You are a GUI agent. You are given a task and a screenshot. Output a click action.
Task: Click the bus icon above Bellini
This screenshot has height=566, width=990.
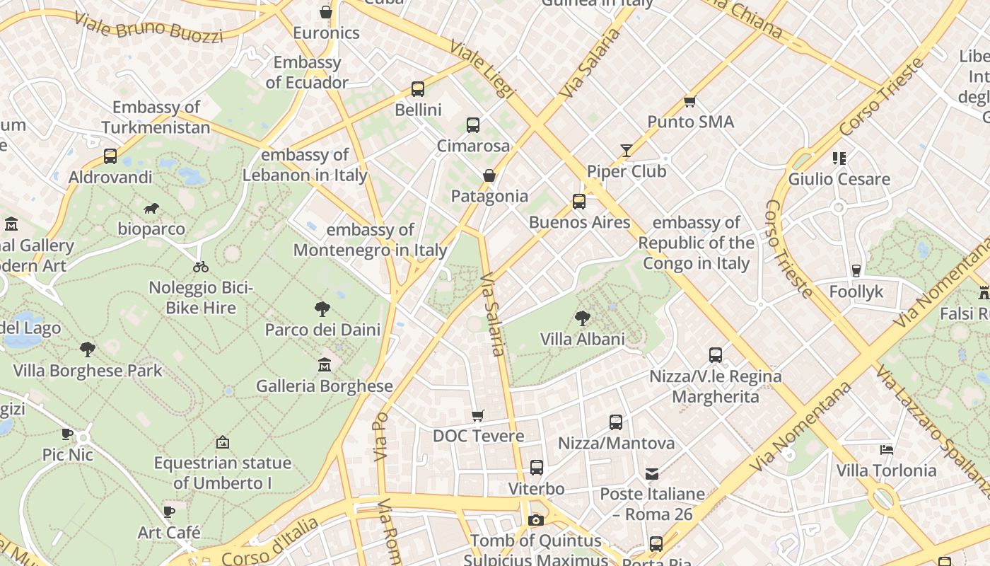[418, 89]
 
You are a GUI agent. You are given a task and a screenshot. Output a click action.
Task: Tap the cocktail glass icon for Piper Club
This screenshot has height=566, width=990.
[627, 150]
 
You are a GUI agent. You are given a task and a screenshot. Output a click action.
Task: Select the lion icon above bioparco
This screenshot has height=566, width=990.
[151, 208]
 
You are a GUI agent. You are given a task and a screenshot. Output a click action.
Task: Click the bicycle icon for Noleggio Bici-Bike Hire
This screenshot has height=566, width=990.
[201, 267]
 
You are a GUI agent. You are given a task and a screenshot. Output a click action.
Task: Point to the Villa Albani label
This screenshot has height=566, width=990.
[583, 339]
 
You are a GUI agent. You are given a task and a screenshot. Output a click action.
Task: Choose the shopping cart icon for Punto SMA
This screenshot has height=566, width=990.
[690, 101]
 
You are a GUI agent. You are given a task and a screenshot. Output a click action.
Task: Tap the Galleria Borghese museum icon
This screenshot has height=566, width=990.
[325, 365]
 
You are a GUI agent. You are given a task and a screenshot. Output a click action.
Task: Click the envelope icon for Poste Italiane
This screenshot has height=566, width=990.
[651, 473]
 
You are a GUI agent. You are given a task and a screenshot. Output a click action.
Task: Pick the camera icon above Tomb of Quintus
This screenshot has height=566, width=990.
[536, 521]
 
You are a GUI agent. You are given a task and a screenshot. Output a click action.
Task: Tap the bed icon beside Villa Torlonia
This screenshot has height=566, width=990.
[887, 449]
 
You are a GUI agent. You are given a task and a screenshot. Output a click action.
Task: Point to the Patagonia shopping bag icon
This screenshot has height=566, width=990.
[489, 175]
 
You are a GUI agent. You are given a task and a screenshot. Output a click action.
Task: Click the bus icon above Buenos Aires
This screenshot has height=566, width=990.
[579, 202]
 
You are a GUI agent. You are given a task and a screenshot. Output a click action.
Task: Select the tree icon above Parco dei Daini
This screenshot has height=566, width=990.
[322, 308]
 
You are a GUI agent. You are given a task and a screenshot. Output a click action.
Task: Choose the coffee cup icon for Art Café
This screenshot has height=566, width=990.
[169, 512]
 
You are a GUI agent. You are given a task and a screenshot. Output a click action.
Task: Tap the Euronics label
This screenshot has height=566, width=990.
[326, 33]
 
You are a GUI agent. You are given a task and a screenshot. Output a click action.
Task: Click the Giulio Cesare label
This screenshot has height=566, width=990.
[839, 179]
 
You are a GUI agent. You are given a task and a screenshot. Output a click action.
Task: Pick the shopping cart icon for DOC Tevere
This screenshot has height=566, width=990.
[478, 415]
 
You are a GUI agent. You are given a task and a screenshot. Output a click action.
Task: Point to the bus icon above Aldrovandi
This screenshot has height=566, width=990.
[110, 156]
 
